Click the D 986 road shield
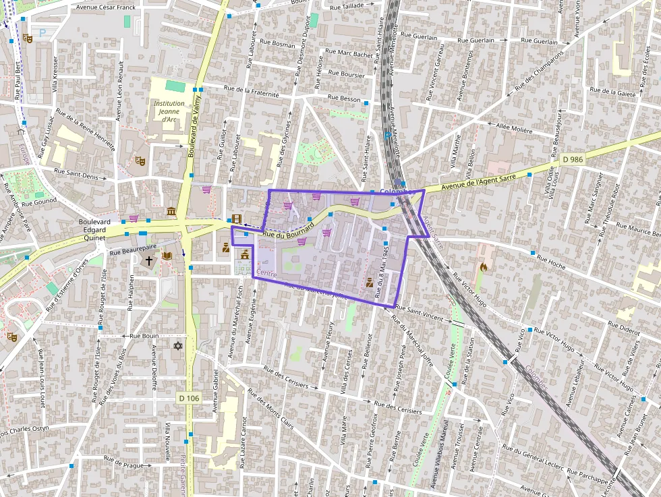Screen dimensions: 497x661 click(x=571, y=160)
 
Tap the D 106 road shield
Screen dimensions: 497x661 click(x=190, y=398)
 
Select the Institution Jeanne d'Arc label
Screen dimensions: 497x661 click(x=169, y=111)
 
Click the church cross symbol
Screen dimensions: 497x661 click(x=149, y=260)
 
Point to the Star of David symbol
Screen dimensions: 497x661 click(x=178, y=346)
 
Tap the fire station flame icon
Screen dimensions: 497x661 click(x=483, y=267)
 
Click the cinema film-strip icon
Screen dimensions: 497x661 click(x=236, y=218)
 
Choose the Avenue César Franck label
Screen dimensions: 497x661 click(x=105, y=8)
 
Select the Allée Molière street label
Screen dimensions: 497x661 click(x=514, y=127)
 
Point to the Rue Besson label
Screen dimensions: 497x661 click(x=344, y=98)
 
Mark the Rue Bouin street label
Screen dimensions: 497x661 click(x=144, y=335)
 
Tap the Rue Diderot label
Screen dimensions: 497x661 click(x=624, y=331)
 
